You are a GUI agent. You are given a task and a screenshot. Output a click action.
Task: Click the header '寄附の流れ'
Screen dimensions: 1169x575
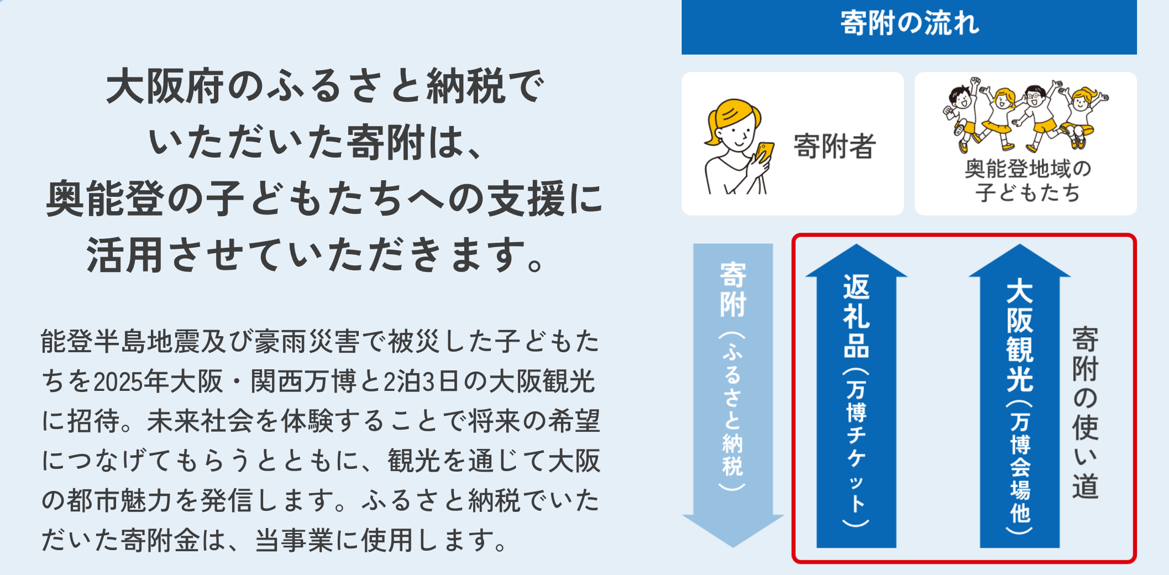coord(909,23)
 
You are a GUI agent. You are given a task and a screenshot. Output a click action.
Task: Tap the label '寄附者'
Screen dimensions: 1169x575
coord(835,147)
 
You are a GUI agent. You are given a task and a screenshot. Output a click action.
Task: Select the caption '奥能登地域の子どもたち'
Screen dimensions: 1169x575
coord(1028,181)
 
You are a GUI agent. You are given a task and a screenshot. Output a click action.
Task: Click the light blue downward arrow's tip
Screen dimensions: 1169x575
coord(733,547)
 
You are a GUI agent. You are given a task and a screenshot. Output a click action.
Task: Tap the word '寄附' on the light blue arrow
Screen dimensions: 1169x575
coord(733,290)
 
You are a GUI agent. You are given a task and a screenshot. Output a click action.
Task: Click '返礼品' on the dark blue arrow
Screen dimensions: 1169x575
coord(856,316)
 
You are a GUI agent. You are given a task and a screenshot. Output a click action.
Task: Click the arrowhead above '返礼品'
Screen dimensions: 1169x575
coord(856,260)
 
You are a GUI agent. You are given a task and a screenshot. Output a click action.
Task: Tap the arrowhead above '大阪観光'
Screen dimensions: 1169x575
coord(1020,260)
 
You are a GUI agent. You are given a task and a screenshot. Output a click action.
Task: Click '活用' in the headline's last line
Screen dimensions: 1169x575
coord(125,255)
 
